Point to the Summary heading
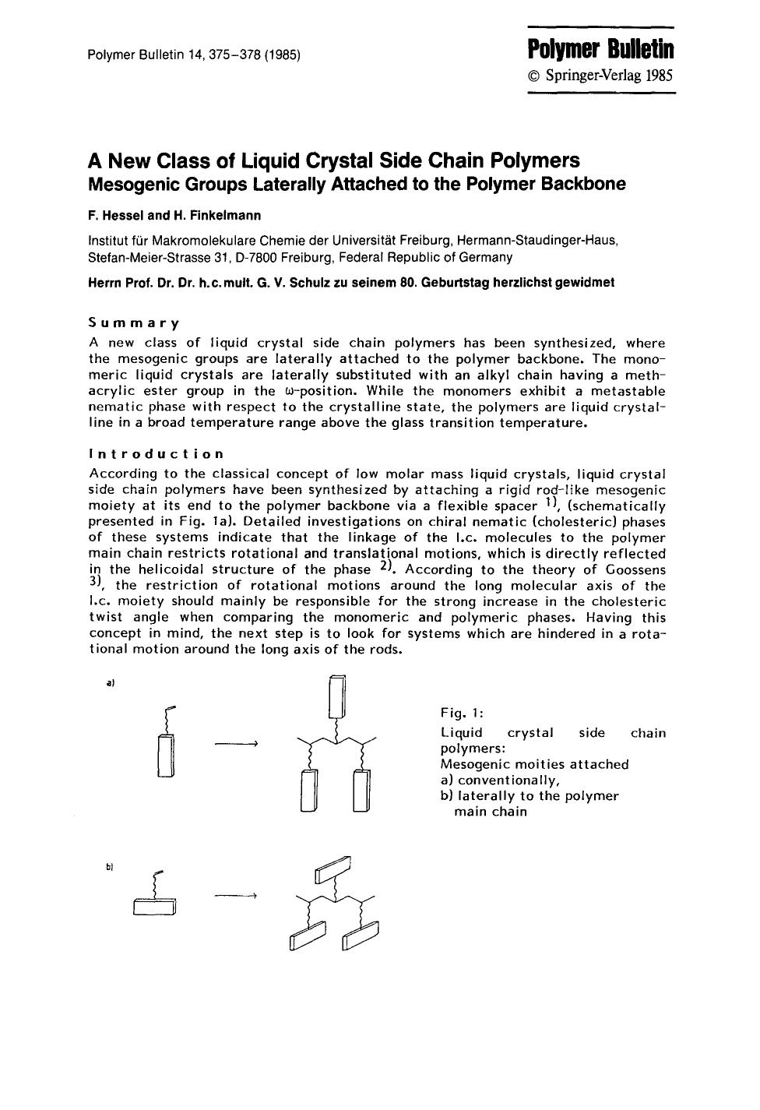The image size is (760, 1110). (134, 322)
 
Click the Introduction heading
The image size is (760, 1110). (157, 453)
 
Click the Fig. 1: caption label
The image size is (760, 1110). (462, 712)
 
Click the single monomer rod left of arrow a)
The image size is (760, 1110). (167, 756)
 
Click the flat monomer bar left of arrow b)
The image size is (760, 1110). (154, 907)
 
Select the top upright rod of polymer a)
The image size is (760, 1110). (336, 696)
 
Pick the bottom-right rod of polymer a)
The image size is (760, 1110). (363, 791)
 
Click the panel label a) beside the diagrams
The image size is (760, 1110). (110, 683)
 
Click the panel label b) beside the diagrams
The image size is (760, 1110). (110, 865)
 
